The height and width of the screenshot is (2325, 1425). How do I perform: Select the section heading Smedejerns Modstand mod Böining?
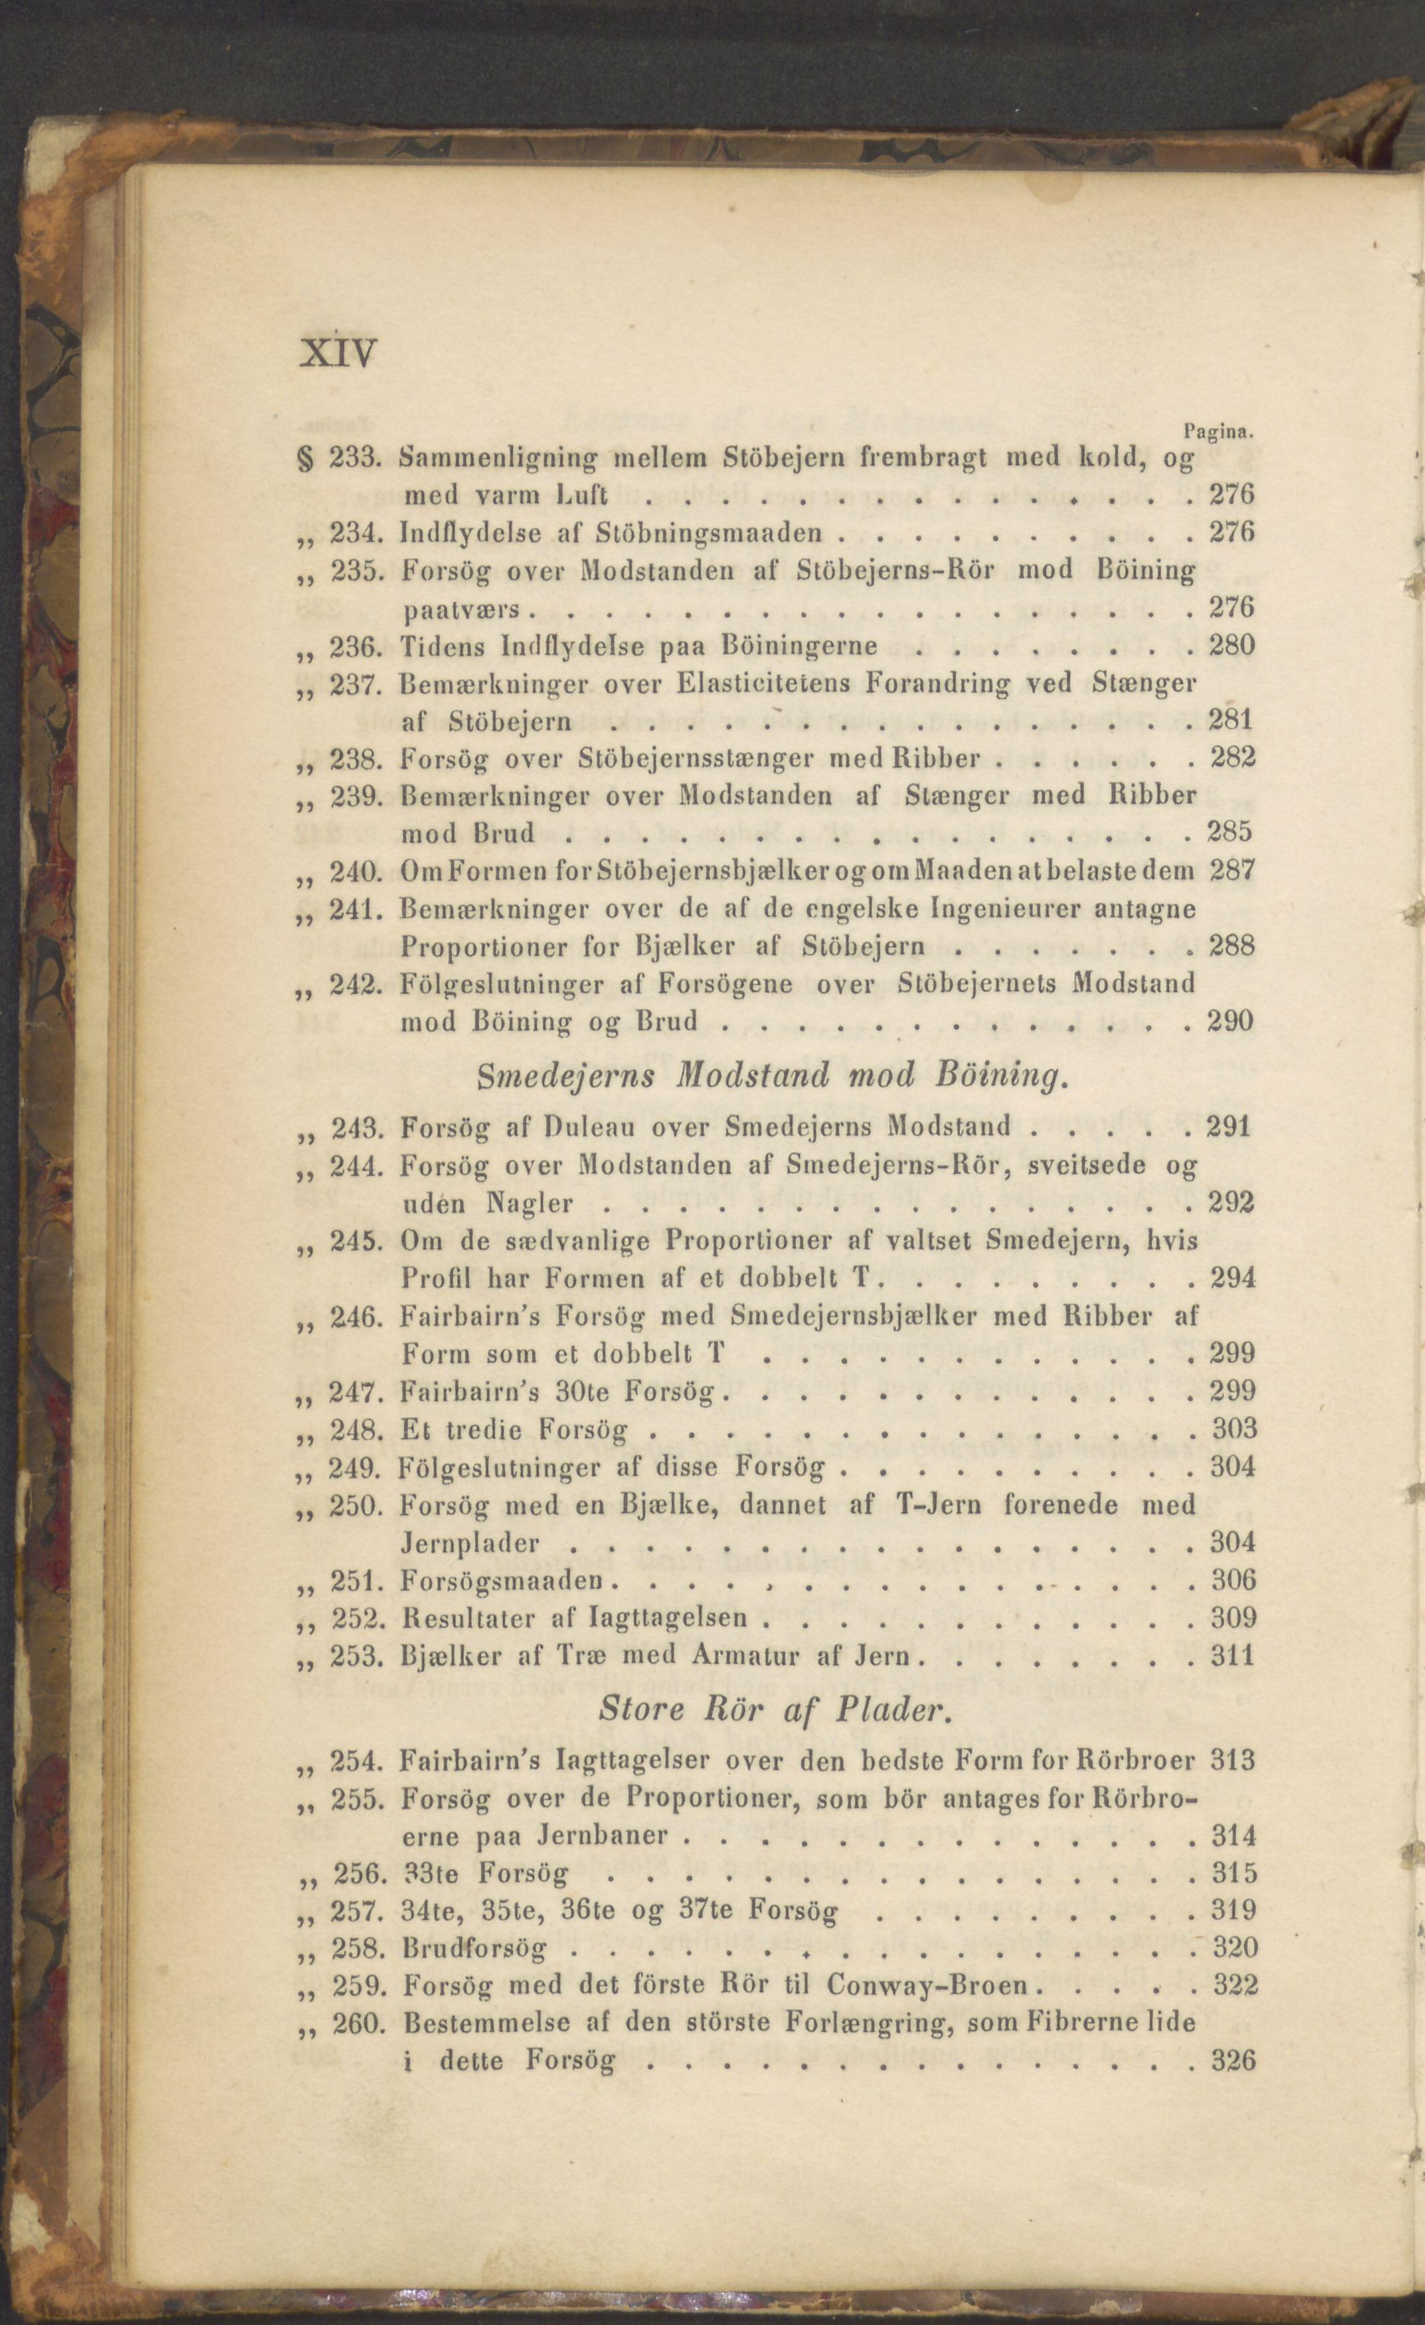772,1075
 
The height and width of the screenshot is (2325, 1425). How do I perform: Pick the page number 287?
1232,870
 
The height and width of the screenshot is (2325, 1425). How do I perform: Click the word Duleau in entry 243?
598,1126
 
